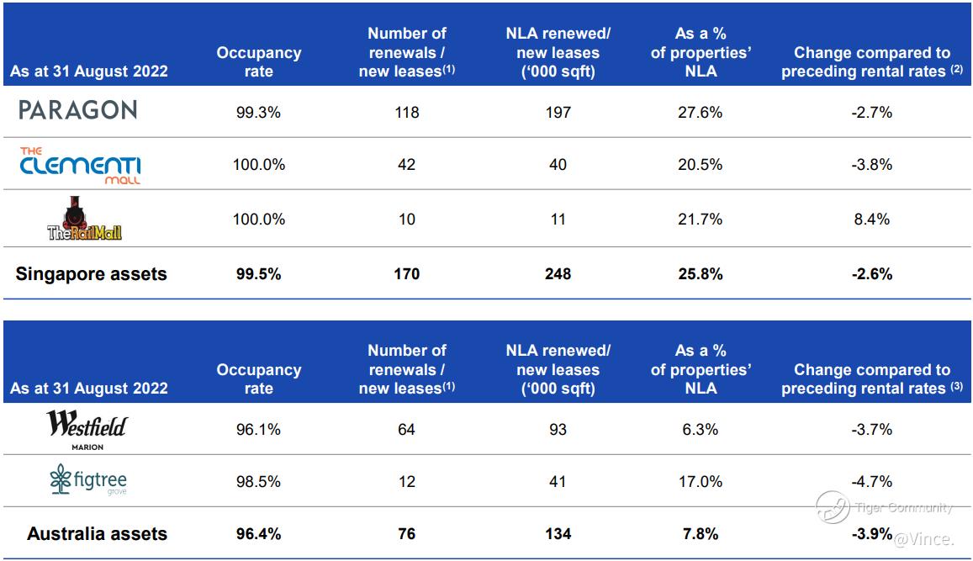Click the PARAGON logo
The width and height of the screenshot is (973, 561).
tap(77, 110)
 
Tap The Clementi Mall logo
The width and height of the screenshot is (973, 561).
tap(81, 165)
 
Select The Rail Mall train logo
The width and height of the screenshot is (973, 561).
tap(84, 220)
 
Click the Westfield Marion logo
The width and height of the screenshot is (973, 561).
tap(87, 430)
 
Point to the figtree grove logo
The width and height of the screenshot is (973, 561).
tap(88, 482)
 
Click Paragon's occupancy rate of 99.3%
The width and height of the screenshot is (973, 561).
tap(258, 112)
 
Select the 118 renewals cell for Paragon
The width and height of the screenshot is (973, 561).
tap(407, 112)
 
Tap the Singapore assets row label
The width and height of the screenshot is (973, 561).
tap(91, 273)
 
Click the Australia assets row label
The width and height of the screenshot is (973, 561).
tap(97, 533)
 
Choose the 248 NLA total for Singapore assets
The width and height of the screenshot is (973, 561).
tap(558, 273)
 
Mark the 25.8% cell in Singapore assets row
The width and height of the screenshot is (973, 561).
tap(700, 273)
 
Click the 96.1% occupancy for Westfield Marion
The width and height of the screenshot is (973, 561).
tap(258, 429)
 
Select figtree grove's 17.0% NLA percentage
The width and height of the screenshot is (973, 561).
tap(700, 482)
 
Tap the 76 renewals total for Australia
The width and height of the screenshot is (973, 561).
tap(407, 533)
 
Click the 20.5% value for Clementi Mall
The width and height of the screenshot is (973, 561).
tap(700, 165)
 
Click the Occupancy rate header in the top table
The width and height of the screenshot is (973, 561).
tap(258, 62)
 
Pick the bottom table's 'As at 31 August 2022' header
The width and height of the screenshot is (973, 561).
tap(89, 389)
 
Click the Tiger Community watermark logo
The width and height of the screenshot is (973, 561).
tap(833, 506)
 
